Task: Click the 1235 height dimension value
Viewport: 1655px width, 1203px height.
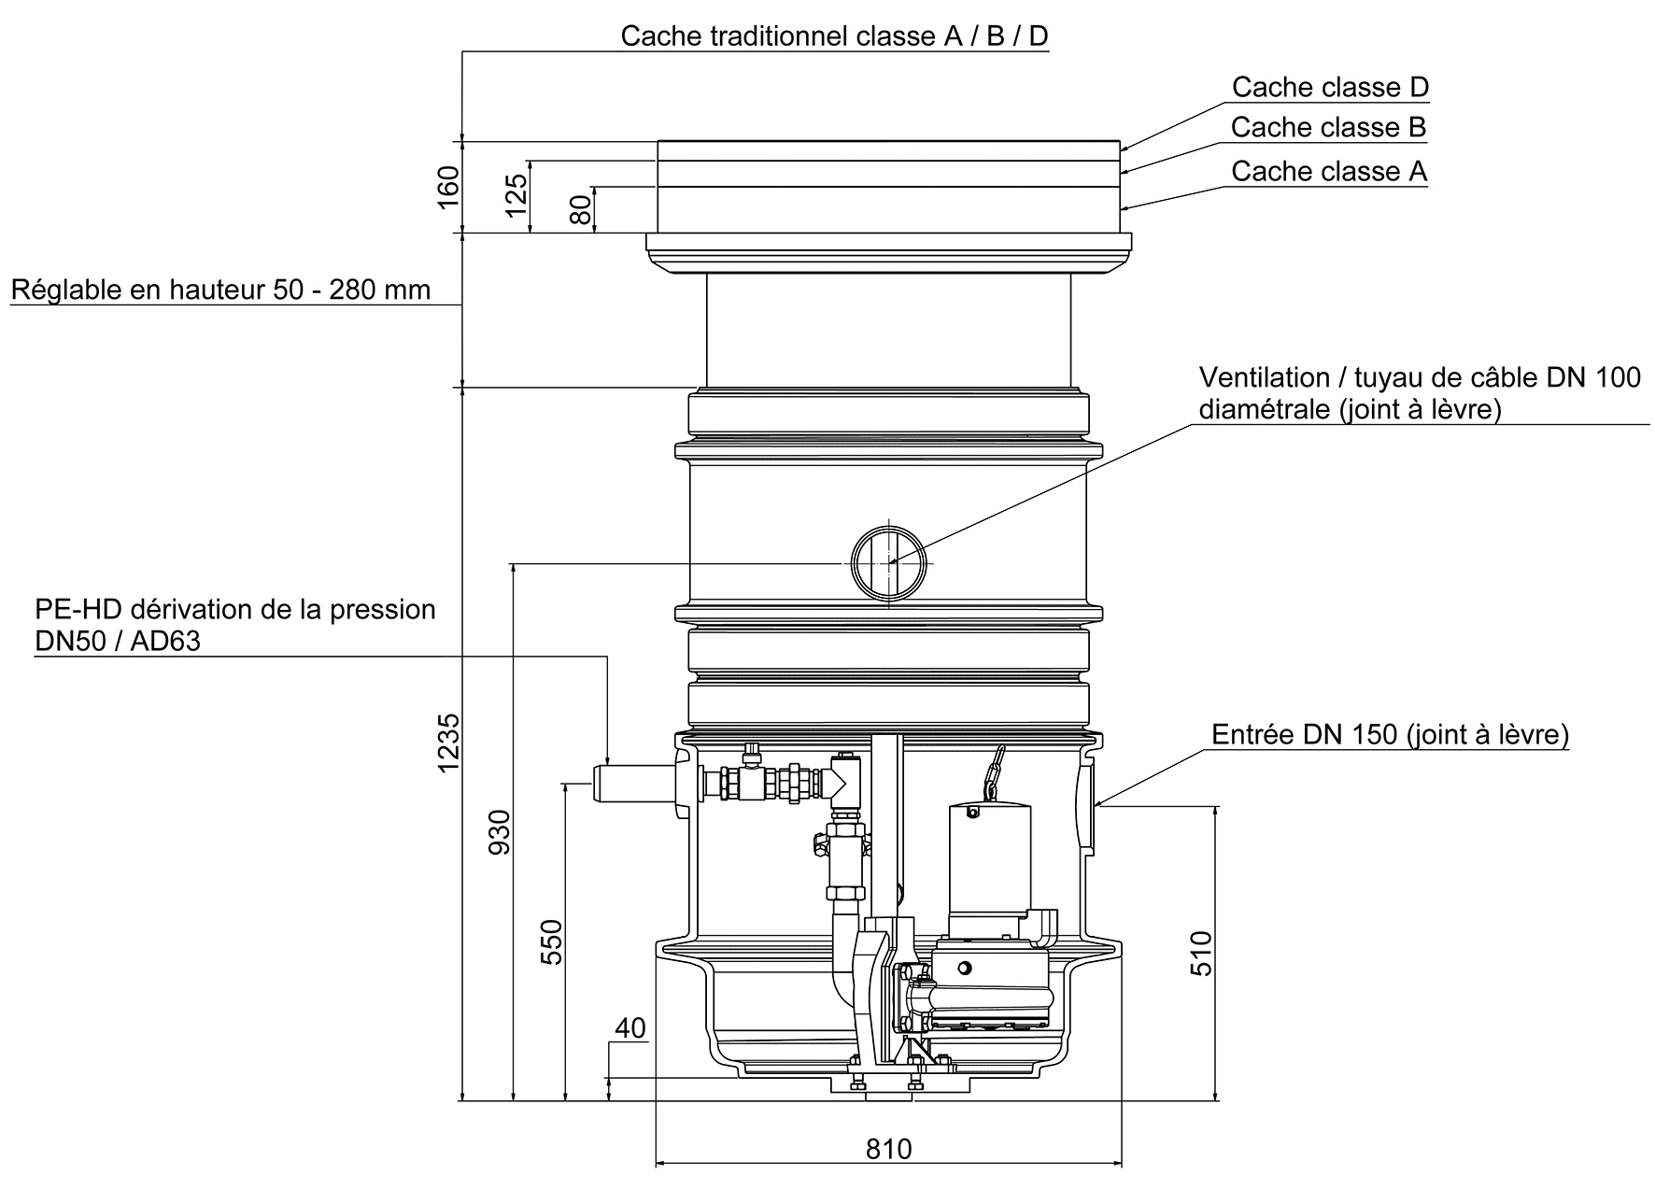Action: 449,743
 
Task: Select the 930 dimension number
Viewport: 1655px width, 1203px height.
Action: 501,831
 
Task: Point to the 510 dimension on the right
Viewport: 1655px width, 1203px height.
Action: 1202,953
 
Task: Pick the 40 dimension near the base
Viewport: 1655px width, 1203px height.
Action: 630,1028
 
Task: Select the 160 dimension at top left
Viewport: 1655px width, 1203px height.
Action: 449,187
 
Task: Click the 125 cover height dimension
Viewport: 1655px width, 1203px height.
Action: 516,196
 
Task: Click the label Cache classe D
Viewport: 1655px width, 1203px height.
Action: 1330,87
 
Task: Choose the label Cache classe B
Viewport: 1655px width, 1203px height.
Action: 1328,127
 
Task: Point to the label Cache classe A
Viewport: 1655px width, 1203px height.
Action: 1329,172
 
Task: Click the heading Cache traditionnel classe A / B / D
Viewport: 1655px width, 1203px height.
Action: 834,36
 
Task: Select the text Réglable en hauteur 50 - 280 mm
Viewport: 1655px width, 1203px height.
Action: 220,290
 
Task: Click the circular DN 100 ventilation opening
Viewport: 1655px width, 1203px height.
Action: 889,562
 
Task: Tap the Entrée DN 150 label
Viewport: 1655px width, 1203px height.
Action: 1390,735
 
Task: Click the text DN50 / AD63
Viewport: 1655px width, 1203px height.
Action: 118,642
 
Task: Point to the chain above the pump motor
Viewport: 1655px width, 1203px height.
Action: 992,771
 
